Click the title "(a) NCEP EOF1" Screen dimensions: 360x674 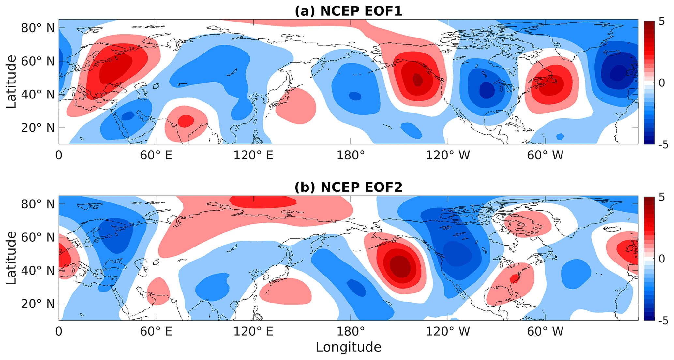coord(348,11)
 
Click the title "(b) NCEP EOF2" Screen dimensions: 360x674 coord(348,187)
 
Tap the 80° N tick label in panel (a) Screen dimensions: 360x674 coord(38,28)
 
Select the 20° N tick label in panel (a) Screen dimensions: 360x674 coord(38,127)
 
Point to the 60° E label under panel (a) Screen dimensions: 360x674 coord(156,155)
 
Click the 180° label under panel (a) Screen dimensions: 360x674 coord(350,155)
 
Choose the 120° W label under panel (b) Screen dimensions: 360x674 coord(448,332)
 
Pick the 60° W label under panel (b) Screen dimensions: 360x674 coord(545,332)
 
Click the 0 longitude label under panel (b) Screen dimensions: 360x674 coord(59,332)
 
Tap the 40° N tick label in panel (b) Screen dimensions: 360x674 coord(38,270)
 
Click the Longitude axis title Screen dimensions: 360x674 coord(348,347)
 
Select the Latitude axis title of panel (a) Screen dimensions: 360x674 coord(11,82)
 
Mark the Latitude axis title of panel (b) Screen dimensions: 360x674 coord(11,258)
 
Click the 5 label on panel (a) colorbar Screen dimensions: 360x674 coord(661,22)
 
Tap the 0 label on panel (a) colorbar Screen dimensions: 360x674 coord(661,83)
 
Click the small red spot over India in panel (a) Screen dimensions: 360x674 coord(186,121)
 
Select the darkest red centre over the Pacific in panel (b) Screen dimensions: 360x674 coord(401,266)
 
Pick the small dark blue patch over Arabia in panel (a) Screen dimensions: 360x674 coord(128,116)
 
